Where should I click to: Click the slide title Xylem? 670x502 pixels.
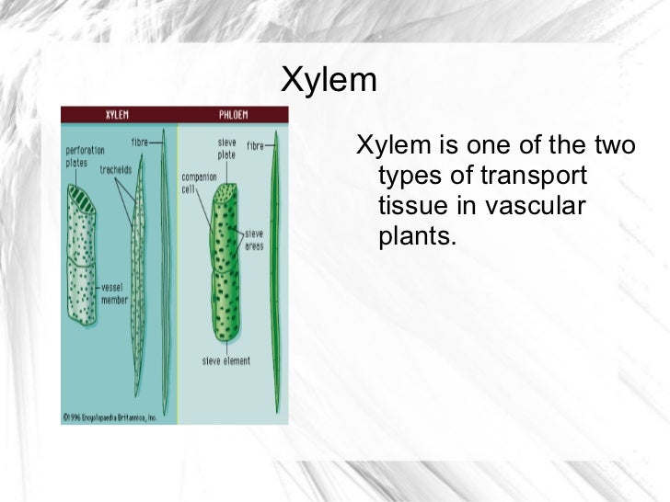329,81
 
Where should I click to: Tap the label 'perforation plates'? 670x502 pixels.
85,155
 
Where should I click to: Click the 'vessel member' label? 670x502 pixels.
116,292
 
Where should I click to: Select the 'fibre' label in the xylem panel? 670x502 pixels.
140,143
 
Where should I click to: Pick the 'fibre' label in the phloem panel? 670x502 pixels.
256,144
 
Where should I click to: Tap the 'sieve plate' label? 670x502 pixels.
226,149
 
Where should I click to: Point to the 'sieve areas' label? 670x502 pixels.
254,239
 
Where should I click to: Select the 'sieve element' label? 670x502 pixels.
226,360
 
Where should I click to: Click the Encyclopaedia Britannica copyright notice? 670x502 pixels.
110,416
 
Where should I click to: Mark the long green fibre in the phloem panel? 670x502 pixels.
272,276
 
